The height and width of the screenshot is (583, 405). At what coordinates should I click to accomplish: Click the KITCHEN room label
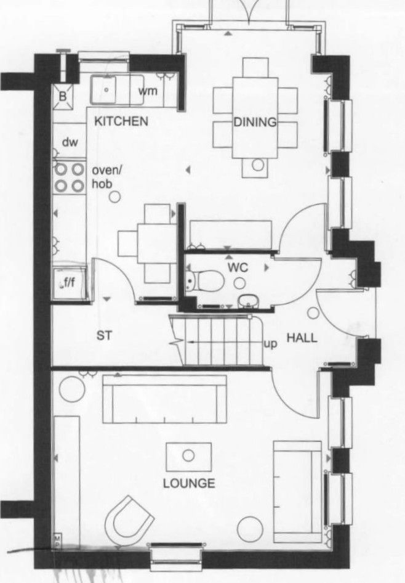click(x=121, y=121)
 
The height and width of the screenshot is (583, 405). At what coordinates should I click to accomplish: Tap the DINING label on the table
click(x=255, y=122)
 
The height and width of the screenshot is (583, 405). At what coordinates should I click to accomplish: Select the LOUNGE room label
click(x=189, y=483)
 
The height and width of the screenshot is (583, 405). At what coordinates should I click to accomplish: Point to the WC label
click(x=238, y=267)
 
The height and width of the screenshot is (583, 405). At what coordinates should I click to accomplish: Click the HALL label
click(x=302, y=338)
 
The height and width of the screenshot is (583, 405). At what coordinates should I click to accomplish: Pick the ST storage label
click(x=104, y=335)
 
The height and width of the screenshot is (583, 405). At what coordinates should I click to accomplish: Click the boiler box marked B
click(x=63, y=97)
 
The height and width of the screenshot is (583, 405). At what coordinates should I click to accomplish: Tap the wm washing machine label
click(x=148, y=91)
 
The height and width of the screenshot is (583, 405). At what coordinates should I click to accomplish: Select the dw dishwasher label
click(x=70, y=142)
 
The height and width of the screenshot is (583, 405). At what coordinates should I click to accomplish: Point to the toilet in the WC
click(x=204, y=280)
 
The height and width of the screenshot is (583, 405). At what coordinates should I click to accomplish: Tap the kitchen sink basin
click(x=106, y=89)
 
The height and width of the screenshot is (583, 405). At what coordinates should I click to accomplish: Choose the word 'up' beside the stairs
click(x=270, y=344)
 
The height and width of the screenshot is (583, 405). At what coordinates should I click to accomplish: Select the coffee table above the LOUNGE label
click(x=188, y=457)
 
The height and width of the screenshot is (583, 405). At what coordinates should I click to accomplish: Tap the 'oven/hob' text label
click(x=107, y=177)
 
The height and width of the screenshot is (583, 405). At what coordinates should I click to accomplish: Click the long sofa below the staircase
click(x=164, y=399)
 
